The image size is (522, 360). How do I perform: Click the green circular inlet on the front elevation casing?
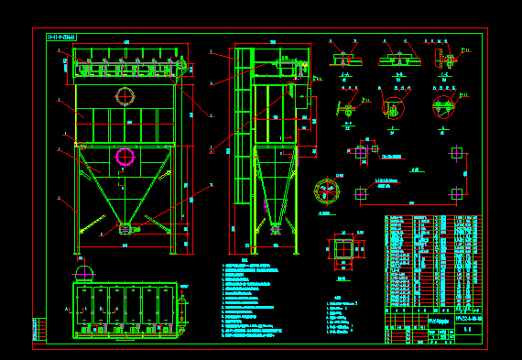[x=125, y=95]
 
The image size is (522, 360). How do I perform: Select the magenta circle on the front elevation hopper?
[x=125, y=158]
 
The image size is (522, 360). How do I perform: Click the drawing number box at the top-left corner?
[x=61, y=38]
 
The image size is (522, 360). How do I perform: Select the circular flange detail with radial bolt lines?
[x=327, y=191]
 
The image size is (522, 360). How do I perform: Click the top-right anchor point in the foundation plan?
[x=457, y=153]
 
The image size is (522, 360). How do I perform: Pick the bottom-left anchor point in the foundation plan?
[x=360, y=193]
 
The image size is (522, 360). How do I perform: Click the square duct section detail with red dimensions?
[x=343, y=250]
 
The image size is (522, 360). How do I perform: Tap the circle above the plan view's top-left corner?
[x=83, y=271]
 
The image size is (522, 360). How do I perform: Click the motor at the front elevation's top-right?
[x=182, y=65]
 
